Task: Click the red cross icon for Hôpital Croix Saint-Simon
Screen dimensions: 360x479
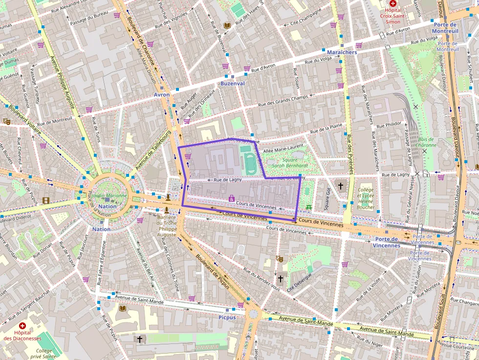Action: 393,3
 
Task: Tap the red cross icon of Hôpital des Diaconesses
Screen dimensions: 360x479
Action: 22,326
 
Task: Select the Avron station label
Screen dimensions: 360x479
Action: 161,95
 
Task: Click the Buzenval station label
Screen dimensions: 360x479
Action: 232,84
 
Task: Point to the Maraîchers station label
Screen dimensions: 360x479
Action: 342,52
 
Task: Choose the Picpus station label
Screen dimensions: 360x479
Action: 227,317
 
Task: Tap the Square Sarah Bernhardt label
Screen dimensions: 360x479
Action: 289,163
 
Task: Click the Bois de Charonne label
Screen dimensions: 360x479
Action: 427,142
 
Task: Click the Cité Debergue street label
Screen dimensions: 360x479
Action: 300,280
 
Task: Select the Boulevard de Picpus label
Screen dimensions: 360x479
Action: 213,272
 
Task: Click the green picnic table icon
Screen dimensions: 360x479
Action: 309,208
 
